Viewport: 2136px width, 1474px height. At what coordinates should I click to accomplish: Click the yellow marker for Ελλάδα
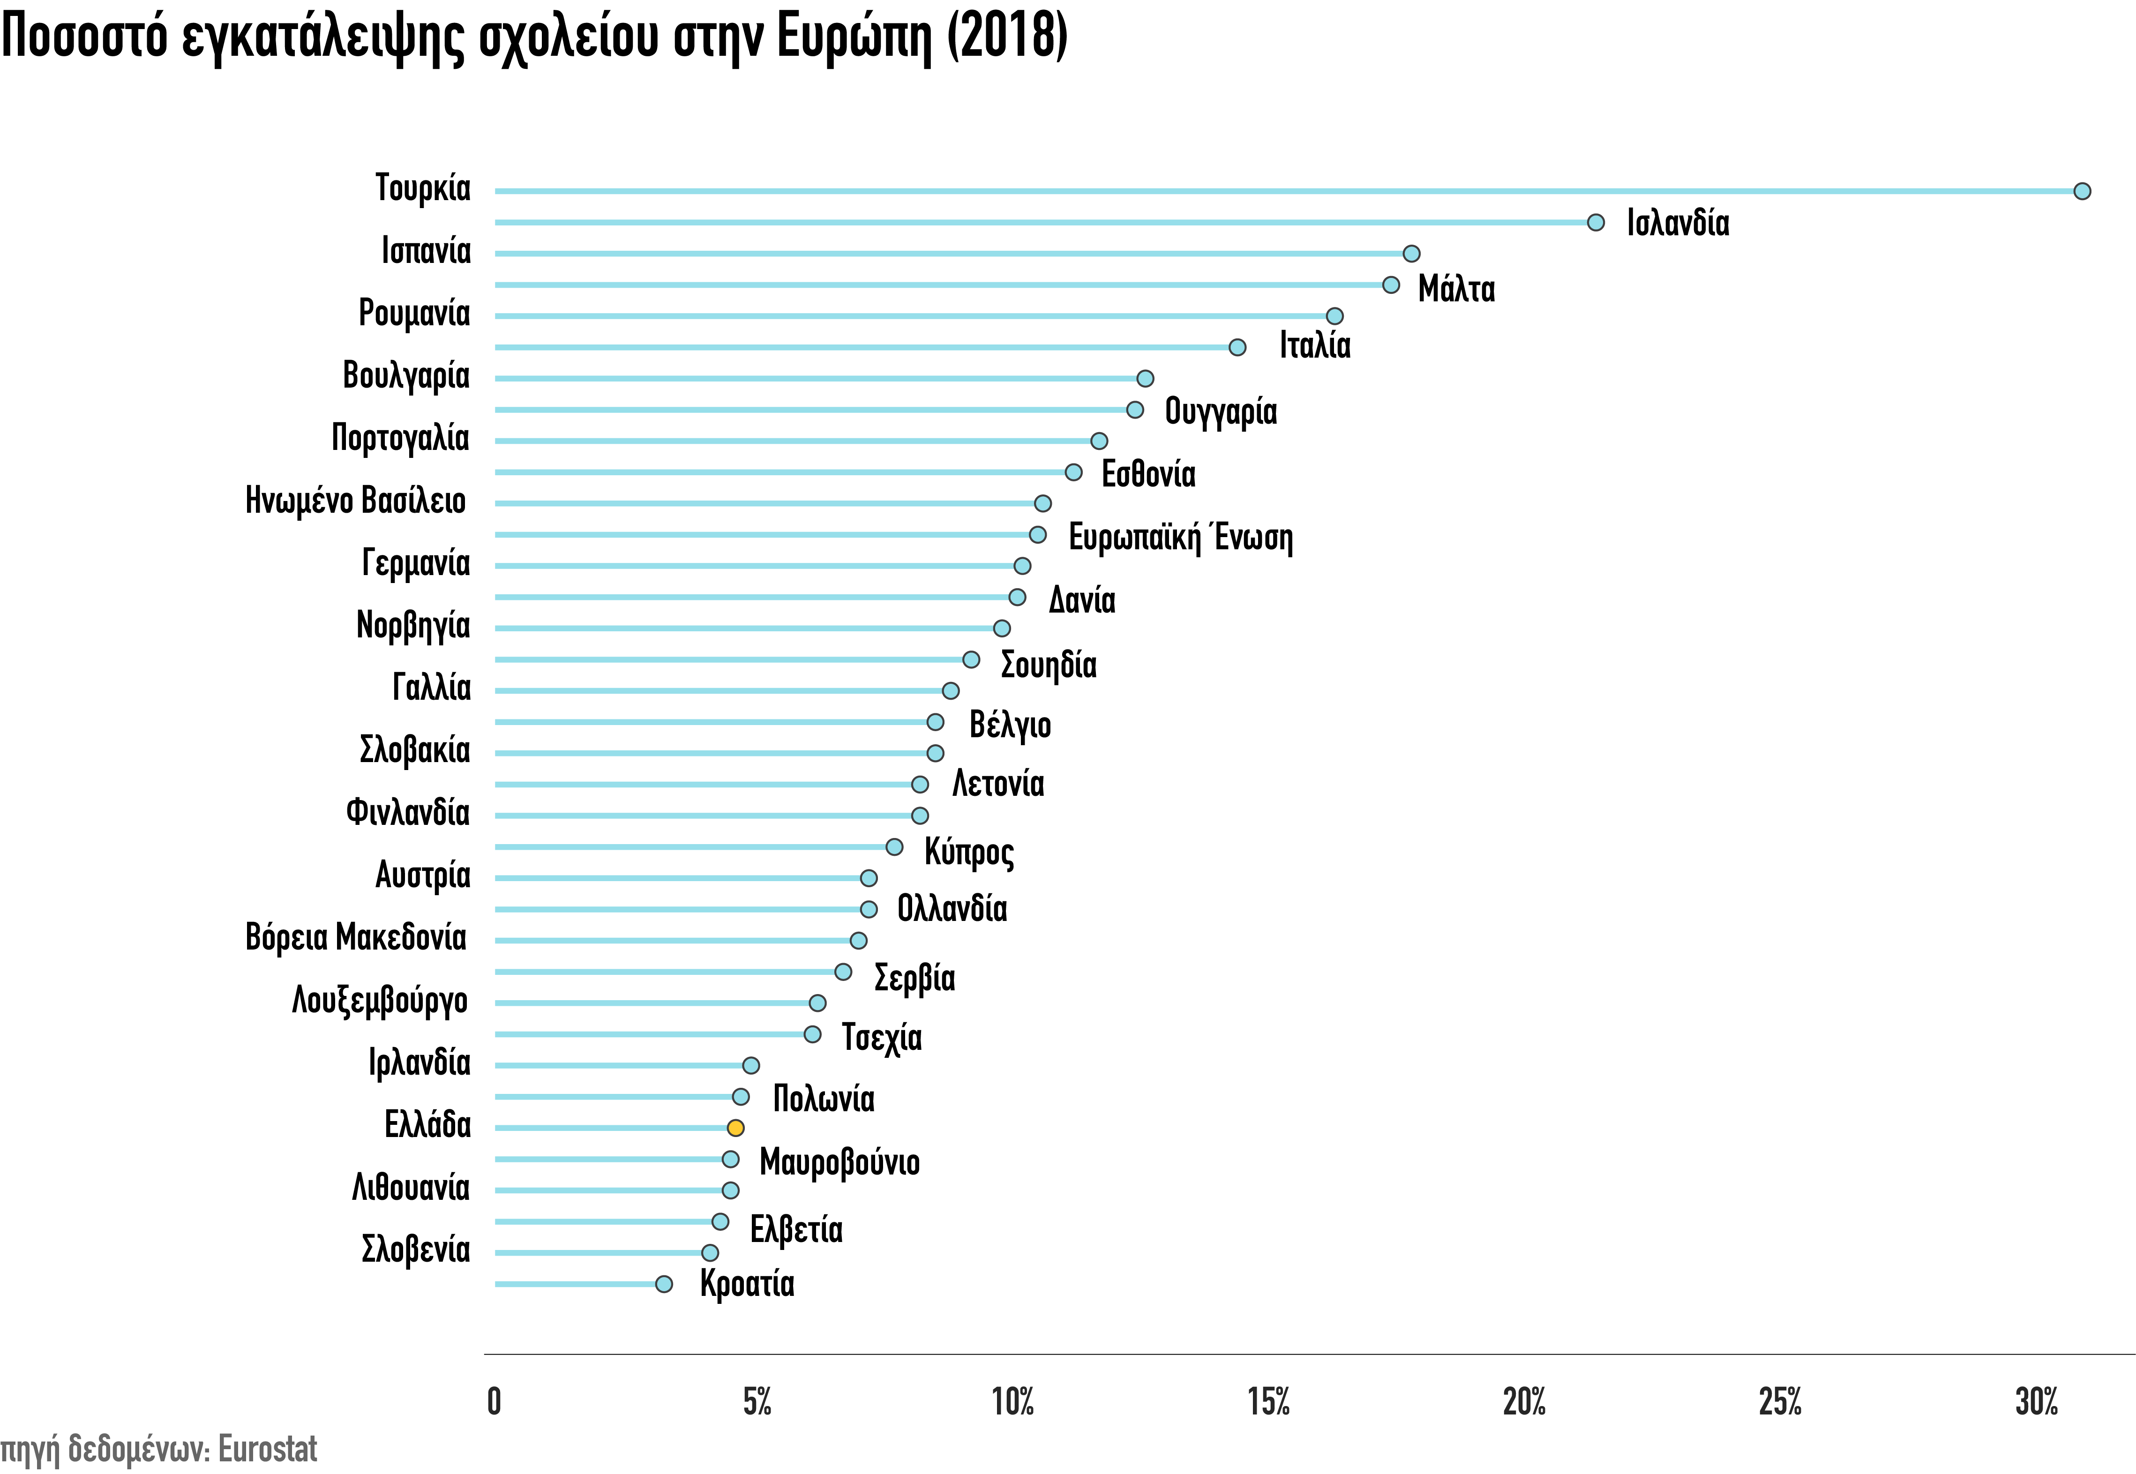pyautogui.click(x=735, y=1128)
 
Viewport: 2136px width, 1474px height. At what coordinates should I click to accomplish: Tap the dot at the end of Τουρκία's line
pyautogui.click(x=2082, y=191)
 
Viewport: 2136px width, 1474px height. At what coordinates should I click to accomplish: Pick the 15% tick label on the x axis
pyautogui.click(x=1268, y=1402)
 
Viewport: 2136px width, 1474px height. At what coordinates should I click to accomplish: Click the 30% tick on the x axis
pyautogui.click(x=2036, y=1402)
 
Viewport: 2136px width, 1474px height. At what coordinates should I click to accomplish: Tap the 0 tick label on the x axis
pyautogui.click(x=494, y=1402)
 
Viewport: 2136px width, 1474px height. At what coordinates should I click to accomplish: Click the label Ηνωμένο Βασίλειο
pyautogui.click(x=356, y=501)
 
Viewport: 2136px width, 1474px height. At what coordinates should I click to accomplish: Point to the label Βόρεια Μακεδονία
pyautogui.click(x=356, y=937)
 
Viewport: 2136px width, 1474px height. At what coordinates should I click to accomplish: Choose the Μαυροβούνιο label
pyautogui.click(x=839, y=1162)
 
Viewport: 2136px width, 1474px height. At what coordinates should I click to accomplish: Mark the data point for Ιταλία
pyautogui.click(x=1237, y=347)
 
